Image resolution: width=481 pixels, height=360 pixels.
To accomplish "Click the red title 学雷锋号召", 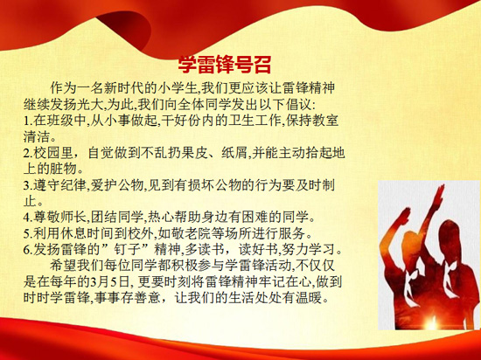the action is coord(225,65).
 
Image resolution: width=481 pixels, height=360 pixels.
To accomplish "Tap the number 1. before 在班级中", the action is coord(28,121).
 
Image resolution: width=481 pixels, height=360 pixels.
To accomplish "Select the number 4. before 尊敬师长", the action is coord(28,218).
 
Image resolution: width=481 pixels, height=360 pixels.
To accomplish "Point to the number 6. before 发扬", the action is coord(28,250).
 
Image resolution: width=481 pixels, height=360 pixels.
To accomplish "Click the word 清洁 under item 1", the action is coord(37,136).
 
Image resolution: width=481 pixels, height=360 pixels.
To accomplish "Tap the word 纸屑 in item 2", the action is coord(234,153).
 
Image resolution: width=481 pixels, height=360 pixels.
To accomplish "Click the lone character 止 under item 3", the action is coord(30,201).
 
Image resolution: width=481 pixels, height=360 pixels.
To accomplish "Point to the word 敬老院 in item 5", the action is coord(204,233).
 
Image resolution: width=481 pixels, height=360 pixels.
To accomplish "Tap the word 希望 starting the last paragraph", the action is coord(63,266).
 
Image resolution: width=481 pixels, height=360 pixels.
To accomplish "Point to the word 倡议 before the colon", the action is coord(299,105).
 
